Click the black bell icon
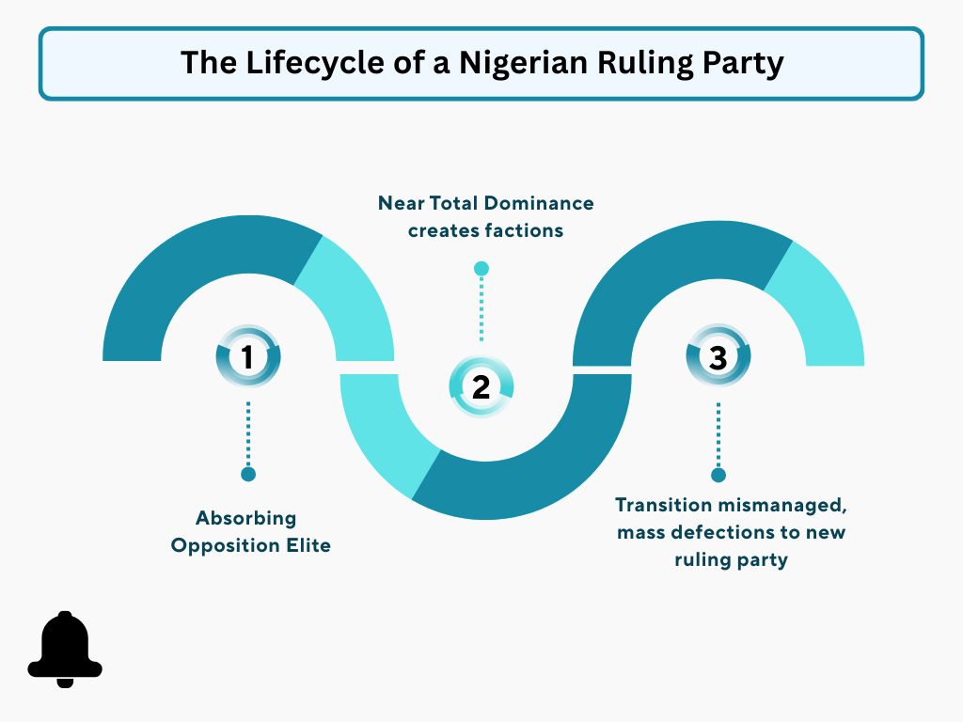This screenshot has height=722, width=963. pyautogui.click(x=64, y=649)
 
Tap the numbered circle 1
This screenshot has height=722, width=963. pyautogui.click(x=248, y=357)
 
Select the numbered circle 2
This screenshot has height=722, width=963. pyautogui.click(x=481, y=386)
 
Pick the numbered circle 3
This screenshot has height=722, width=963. pyautogui.click(x=718, y=357)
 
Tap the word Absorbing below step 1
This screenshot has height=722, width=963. pyautogui.click(x=245, y=518)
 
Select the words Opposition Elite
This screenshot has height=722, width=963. pyautogui.click(x=251, y=545)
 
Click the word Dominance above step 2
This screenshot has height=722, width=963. pyautogui.click(x=544, y=203)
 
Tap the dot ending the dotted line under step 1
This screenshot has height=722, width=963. pyautogui.click(x=248, y=474)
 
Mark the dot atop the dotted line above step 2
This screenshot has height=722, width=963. pyautogui.click(x=481, y=269)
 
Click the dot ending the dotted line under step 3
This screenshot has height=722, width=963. pyautogui.click(x=718, y=475)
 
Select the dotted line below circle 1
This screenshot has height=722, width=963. pyautogui.click(x=248, y=432)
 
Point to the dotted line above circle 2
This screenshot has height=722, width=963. pyautogui.click(x=481, y=310)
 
